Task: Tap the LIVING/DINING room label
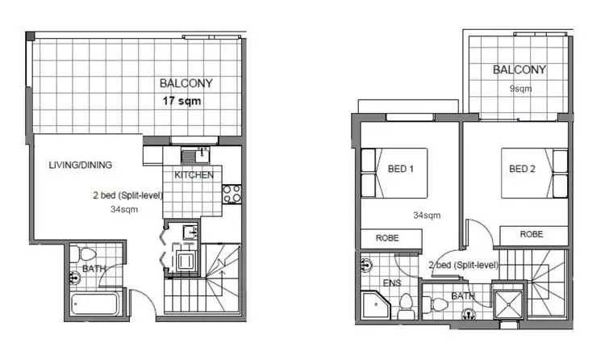(x=80, y=165)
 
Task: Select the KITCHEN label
(x=194, y=174)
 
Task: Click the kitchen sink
(x=190, y=155)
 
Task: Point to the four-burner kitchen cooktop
(x=232, y=195)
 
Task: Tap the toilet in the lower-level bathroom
(x=84, y=256)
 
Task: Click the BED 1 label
(x=401, y=170)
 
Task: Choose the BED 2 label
(x=523, y=170)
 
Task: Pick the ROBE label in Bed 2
(x=531, y=234)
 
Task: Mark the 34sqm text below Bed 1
(x=427, y=216)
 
